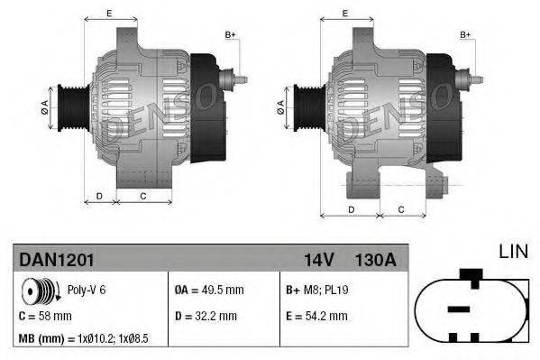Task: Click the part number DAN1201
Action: point(56,259)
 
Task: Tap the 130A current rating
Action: point(375,259)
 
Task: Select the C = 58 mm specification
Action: point(45,316)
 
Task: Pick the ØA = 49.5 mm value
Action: point(209,291)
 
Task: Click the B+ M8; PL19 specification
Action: point(319,291)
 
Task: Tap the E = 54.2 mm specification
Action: point(316,316)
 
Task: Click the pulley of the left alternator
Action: point(68,107)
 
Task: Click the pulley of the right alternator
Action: point(303,107)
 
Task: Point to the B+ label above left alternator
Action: point(230,34)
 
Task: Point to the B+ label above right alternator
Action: point(466,34)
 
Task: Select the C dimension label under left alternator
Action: point(142,195)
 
